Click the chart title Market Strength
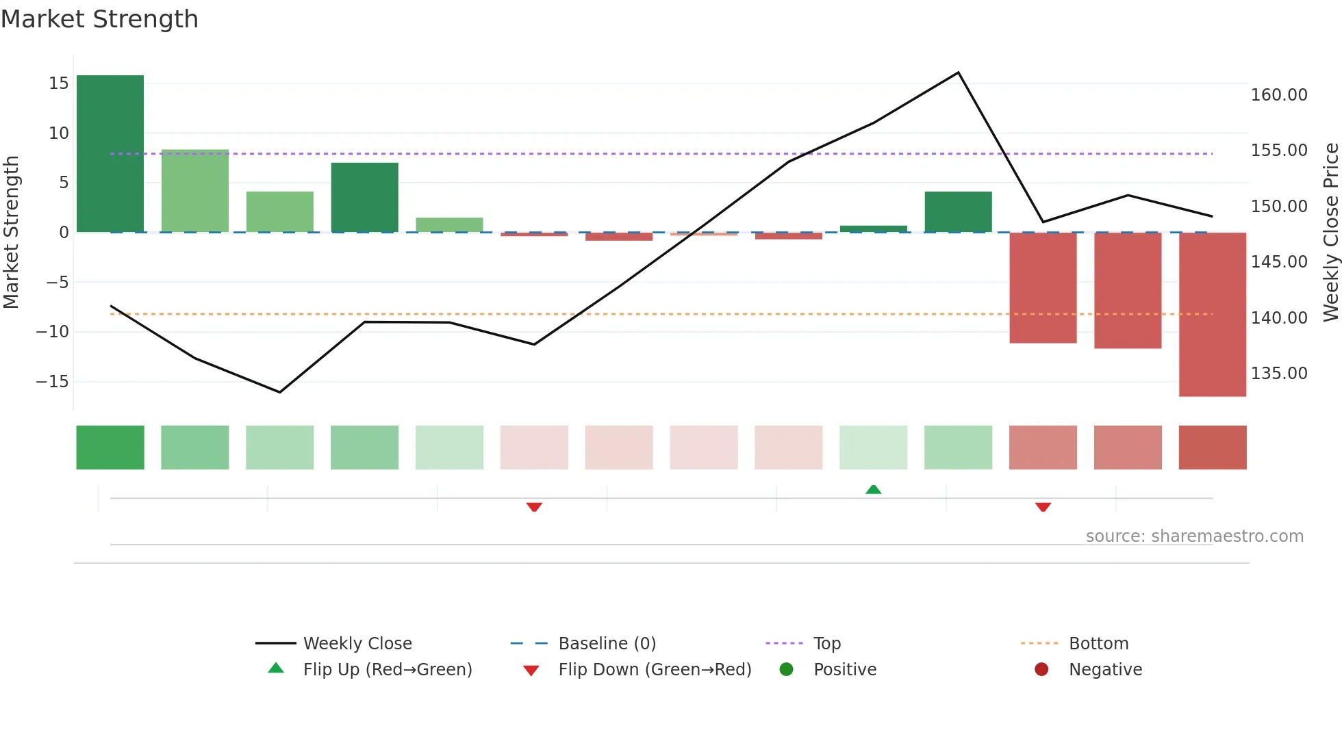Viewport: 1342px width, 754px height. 99,19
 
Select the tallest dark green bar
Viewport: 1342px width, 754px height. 110,154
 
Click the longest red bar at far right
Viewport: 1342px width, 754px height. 1212,315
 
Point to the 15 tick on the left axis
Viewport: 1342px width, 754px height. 59,83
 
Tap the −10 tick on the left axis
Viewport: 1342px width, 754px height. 53,332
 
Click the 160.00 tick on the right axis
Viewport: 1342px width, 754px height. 1279,95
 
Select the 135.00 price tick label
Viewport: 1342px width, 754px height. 1279,374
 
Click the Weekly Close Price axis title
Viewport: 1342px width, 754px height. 1330,233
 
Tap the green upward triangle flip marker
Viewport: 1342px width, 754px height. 873,489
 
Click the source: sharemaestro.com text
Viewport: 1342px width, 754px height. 1194,536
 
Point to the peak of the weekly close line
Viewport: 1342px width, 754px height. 958,73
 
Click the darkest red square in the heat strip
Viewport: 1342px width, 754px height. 1212,447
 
